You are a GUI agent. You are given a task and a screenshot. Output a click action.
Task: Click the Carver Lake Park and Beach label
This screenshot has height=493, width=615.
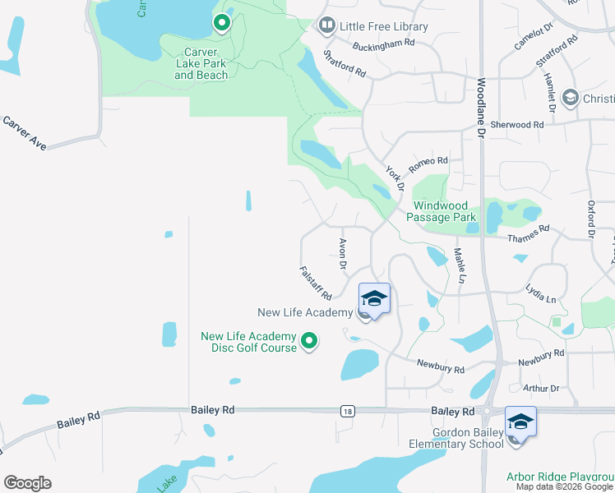click(x=201, y=64)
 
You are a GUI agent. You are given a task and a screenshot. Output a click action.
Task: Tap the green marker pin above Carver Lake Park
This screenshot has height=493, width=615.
click(x=221, y=24)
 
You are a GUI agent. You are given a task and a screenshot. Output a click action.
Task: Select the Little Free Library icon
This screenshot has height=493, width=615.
click(x=327, y=26)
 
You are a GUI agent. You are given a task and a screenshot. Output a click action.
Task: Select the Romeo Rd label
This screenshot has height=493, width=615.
click(x=429, y=161)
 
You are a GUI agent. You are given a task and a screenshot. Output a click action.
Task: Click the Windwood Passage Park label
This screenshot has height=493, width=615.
click(x=445, y=211)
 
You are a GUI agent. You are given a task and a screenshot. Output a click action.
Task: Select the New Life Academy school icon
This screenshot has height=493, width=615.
click(x=374, y=298)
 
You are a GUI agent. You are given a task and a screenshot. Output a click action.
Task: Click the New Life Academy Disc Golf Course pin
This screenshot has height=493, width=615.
click(x=309, y=340)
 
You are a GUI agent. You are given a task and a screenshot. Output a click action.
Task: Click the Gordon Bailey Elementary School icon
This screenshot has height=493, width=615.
click(x=520, y=422)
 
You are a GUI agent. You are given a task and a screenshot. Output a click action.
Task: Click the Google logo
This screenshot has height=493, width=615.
click(x=27, y=483)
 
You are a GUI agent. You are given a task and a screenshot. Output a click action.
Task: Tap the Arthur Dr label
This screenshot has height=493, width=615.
click(x=540, y=388)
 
